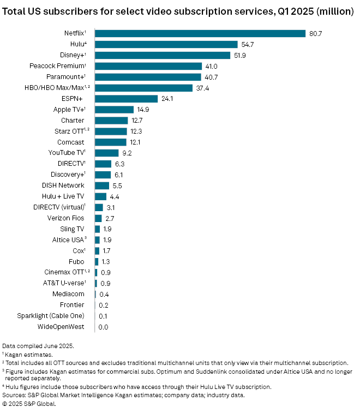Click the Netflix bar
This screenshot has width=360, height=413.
[200, 33]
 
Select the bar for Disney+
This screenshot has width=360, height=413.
[163, 55]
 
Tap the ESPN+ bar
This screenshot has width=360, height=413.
[126, 99]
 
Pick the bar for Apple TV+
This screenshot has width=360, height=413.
[114, 109]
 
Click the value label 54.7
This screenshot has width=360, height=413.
[248, 44]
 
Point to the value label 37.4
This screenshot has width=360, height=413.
[203, 88]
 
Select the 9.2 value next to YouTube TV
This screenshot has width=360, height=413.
[127, 153]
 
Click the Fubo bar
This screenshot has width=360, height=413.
[97, 261]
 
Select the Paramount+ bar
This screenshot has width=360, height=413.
[148, 77]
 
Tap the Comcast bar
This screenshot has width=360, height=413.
[110, 142]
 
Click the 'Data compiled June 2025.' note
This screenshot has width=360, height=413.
[37, 346]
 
